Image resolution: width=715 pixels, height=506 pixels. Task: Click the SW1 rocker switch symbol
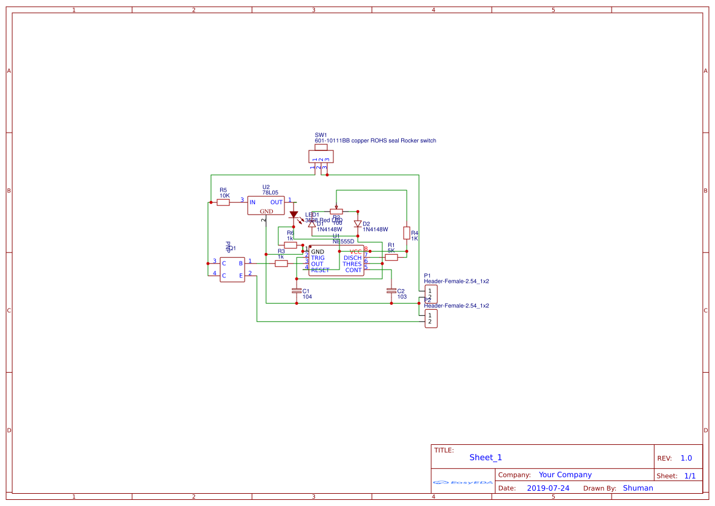coord(321,156)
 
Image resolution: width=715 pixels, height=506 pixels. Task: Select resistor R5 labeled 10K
coord(223,202)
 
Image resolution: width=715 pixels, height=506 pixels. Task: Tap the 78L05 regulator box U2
coord(266,205)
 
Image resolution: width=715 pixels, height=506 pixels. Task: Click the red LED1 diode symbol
coord(294,215)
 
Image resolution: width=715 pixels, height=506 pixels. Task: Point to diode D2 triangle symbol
coord(358,224)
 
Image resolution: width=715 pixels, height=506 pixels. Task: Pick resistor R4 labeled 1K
coord(406,233)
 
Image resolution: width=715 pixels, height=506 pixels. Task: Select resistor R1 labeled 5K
coord(391,257)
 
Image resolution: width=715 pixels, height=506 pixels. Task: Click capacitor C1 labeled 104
coord(297,291)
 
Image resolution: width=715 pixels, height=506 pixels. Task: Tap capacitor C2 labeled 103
coord(391,291)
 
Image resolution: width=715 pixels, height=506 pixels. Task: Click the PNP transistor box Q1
coord(232,269)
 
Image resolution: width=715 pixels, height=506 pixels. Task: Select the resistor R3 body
coord(281,263)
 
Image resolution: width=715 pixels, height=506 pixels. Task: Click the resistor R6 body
coord(291,245)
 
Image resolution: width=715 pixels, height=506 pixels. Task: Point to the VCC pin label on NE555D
coord(355,252)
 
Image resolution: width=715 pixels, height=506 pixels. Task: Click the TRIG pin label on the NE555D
coord(317,258)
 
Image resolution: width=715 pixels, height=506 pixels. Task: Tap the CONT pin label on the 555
coord(354,270)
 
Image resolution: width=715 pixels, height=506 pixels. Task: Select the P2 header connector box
coord(431,318)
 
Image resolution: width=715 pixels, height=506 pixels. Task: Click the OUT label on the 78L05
coord(276,202)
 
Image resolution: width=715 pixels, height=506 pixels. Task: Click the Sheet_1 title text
coord(486,457)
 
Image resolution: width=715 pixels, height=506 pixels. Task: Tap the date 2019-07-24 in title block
coord(548,488)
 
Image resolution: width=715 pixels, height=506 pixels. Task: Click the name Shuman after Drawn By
coord(638,488)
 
